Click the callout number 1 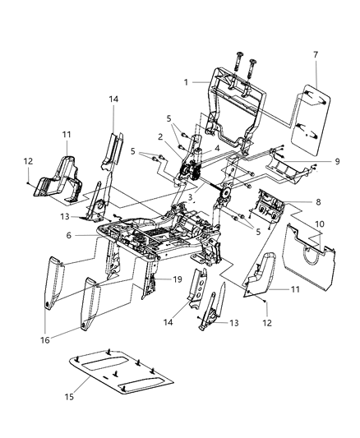pyautogui.click(x=187, y=83)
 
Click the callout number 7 pyautogui.click(x=316, y=54)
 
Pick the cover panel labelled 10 pyautogui.click(x=308, y=255)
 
